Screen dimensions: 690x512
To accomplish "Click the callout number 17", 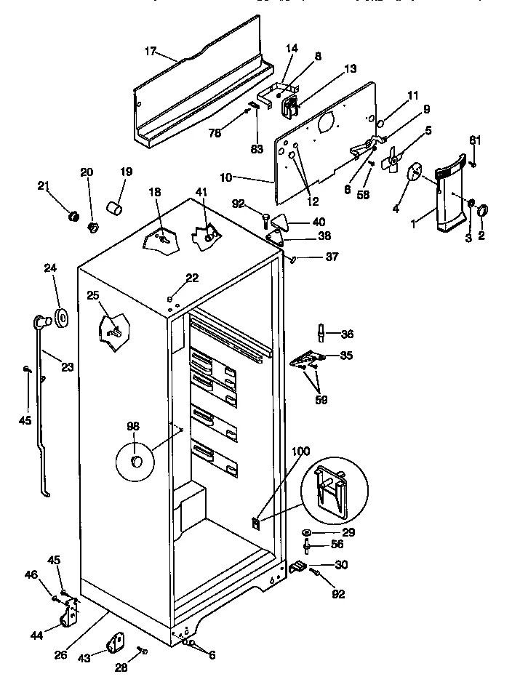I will click(150, 51).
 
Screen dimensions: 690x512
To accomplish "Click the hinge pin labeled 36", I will click(321, 333).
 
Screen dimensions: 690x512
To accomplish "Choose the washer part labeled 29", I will click(310, 532).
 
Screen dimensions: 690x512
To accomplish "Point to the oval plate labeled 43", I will click(116, 643).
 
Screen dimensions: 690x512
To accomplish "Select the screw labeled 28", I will click(143, 650).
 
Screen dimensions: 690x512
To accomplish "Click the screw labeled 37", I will click(294, 257).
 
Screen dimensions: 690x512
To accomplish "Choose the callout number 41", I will click(201, 192).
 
